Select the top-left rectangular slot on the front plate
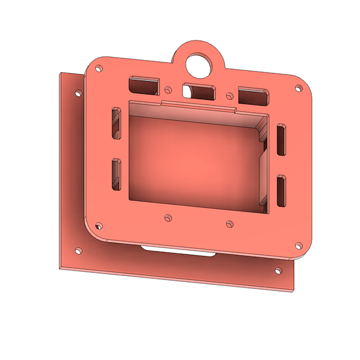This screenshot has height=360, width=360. tap(143, 83)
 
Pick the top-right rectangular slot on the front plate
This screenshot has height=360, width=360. tap(253, 95)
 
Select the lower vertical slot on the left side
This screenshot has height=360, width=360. tap(116, 172)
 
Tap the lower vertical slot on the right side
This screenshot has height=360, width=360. tap(281, 191)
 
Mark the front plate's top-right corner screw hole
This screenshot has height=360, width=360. tap(298, 88)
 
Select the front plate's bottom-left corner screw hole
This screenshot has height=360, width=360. tap(98, 227)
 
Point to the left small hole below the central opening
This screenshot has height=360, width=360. tap(169, 217)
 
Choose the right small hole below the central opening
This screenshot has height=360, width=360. tap(229, 224)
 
